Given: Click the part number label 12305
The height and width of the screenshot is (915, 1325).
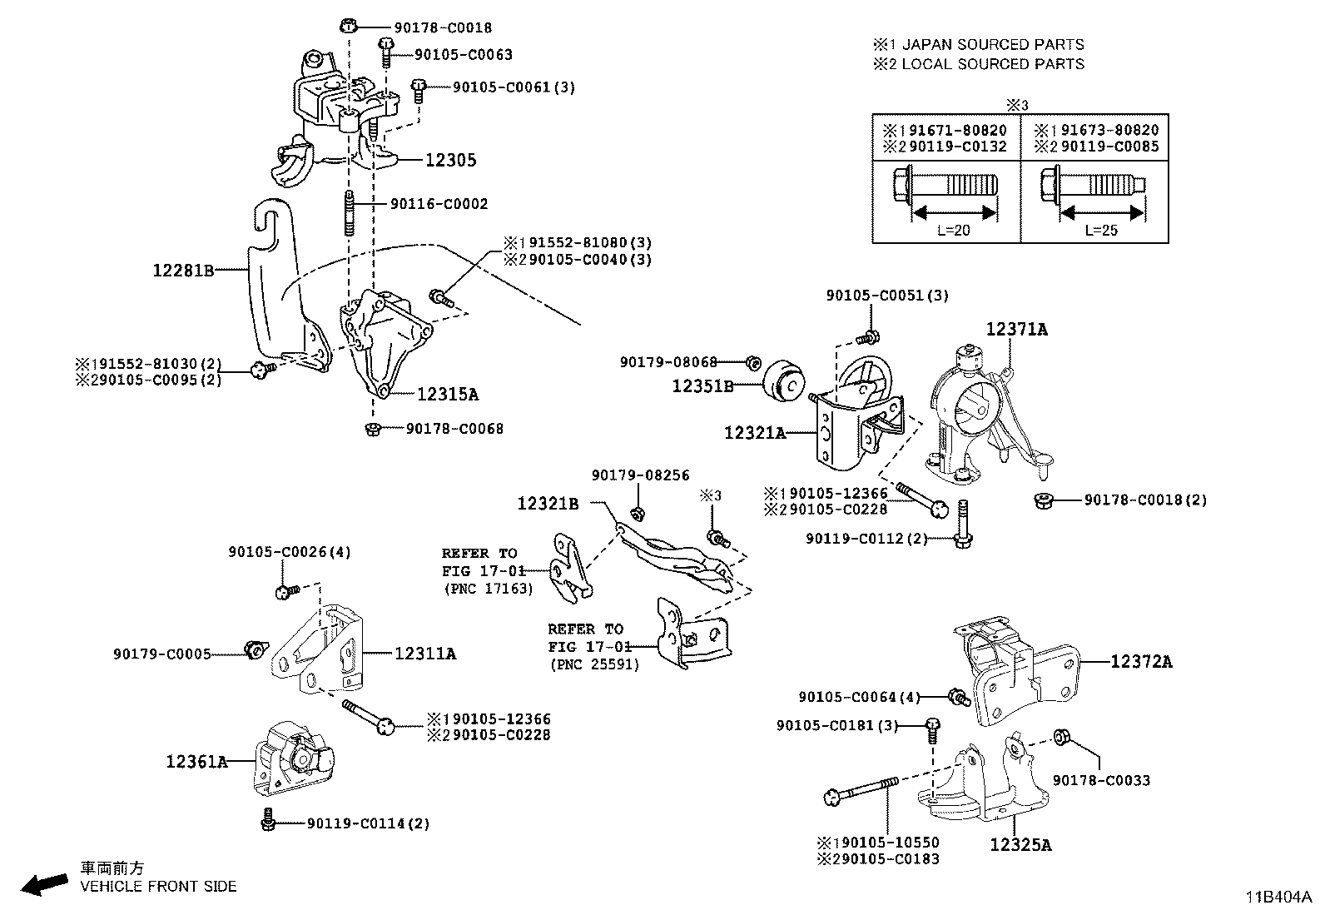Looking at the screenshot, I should (450, 160).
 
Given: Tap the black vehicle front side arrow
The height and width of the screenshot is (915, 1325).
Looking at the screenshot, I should (44, 883).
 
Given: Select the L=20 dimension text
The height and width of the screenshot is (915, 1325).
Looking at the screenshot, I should (953, 231).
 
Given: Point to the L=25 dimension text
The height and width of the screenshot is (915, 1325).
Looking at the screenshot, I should (1101, 231).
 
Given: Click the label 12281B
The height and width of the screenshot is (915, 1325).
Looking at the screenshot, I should (183, 270).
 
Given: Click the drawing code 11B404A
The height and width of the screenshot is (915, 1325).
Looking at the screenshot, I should (1278, 898).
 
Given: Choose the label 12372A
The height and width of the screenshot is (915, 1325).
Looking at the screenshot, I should (1141, 662).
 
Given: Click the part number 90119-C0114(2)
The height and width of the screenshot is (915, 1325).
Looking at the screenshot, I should (368, 823).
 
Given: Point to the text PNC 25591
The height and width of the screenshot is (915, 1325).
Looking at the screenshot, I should (594, 664).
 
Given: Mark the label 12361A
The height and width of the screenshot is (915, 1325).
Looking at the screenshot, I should (196, 761).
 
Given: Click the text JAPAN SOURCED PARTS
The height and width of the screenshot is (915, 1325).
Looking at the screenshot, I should (993, 44).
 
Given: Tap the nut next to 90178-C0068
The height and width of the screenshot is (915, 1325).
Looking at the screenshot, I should (373, 429).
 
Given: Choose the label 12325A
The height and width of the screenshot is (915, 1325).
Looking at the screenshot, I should (1020, 845).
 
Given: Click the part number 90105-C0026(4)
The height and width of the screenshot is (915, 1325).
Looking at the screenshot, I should (290, 552).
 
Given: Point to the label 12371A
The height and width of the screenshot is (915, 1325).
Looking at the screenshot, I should (1016, 330).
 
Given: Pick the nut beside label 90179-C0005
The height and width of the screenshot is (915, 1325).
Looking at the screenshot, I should (254, 648).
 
